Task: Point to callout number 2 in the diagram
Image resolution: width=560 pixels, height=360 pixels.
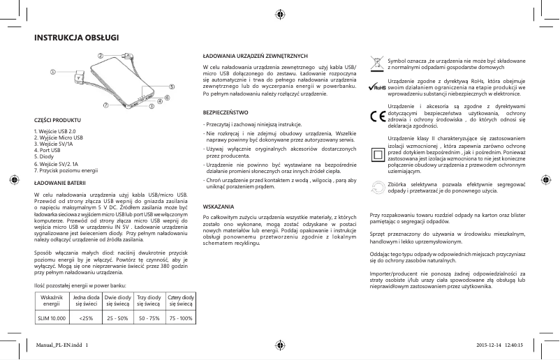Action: point(100,54)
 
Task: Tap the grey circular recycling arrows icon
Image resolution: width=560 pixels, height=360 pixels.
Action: point(378,186)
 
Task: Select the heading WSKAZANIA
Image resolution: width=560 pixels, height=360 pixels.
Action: point(217,207)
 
